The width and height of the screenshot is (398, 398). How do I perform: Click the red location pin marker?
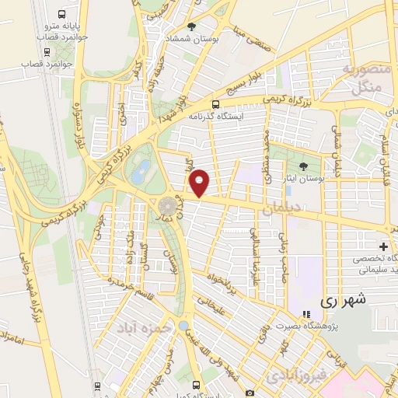[200, 183]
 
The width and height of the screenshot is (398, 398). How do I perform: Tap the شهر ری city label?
[344, 299]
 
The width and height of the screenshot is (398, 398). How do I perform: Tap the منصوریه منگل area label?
[358, 79]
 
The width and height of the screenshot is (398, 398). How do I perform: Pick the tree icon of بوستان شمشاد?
[192, 26]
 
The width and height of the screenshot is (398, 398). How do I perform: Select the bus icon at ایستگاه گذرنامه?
[216, 104]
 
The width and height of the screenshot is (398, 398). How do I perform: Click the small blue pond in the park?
[138, 173]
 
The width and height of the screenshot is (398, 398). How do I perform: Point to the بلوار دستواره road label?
[78, 125]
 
